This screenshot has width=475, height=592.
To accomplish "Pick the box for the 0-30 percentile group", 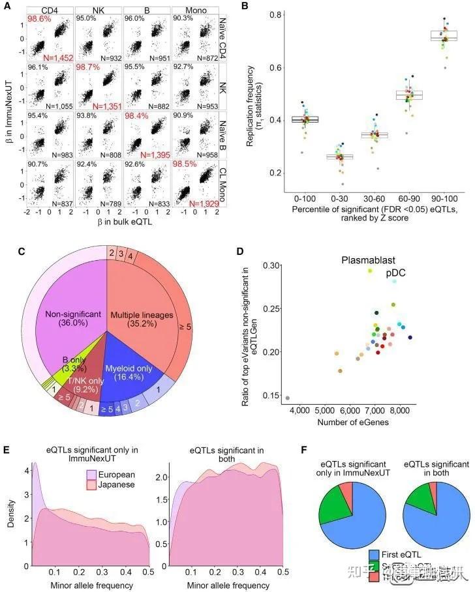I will [x=339, y=156].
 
